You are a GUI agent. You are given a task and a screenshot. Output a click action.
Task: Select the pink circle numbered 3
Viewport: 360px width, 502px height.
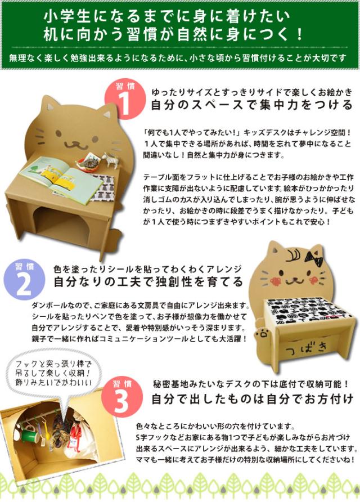122,397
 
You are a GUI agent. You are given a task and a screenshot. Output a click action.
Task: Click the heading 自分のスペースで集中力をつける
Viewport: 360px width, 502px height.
252,105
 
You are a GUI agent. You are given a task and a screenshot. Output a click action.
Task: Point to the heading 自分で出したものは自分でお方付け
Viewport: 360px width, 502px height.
252,399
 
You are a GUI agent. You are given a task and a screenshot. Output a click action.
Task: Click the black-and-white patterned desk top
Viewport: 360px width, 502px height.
308,310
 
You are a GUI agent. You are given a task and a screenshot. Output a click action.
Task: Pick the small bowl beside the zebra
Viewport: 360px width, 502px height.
87,163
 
